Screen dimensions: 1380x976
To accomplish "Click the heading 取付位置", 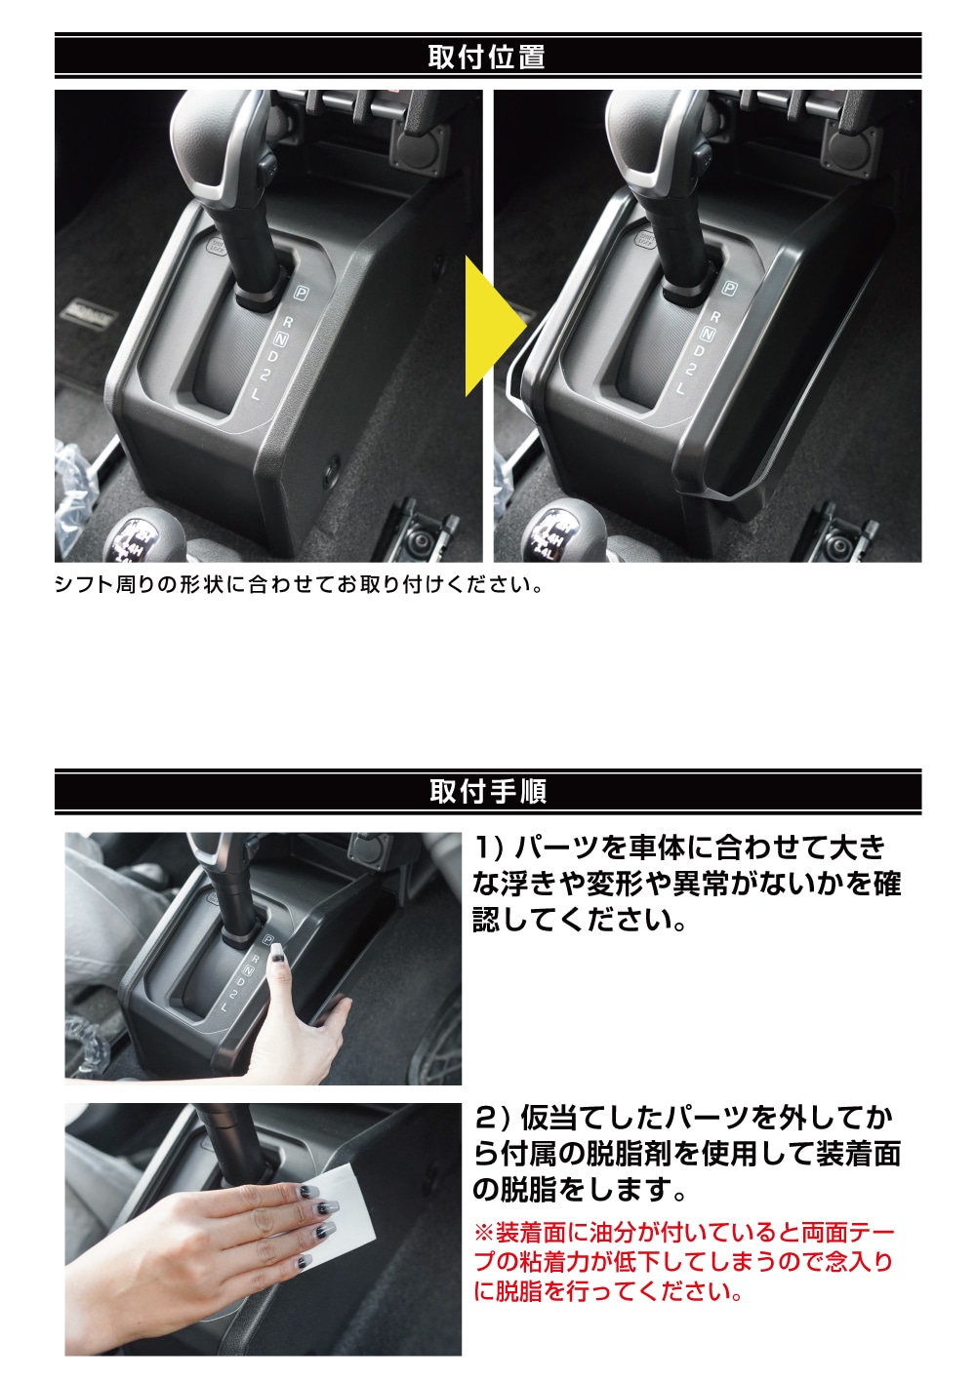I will pos(486,57).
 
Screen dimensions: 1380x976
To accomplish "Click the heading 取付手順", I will pos(487,791).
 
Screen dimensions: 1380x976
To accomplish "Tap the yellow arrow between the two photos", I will pos(488,326).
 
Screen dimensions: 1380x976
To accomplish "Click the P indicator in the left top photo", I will pos(301,292).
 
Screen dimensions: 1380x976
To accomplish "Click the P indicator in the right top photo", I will pos(729,288).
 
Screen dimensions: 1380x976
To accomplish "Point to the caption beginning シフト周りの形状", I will pos(298,585).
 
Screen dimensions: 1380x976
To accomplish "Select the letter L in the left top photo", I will pos(257,394).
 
